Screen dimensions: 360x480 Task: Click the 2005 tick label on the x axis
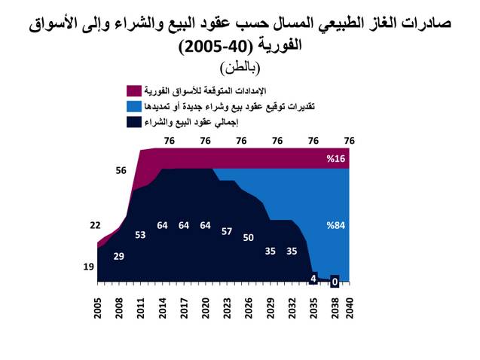97,309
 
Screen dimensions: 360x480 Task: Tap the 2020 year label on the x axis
205,309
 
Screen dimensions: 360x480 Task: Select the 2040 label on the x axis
349,309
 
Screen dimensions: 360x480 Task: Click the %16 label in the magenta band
335,159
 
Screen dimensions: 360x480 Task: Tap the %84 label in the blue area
335,224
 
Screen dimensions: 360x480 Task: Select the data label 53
140,235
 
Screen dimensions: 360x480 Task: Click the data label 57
227,231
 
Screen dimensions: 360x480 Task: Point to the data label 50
249,238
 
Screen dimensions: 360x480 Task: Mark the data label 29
118,257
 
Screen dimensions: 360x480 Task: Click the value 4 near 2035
313,278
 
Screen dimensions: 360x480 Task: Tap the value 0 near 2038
335,282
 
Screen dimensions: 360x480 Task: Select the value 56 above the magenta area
121,171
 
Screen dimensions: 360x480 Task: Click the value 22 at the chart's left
95,225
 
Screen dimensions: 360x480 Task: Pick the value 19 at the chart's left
88,267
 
